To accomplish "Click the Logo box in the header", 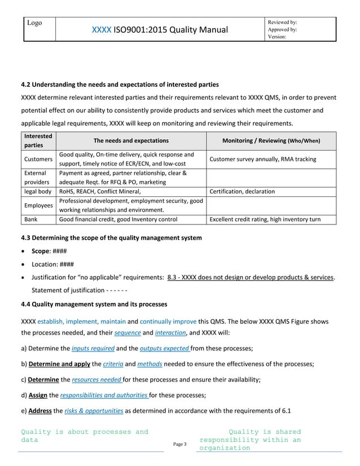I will [x=39, y=29].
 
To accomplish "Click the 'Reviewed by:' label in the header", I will [x=286, y=22].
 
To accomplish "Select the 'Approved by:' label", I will [x=285, y=29].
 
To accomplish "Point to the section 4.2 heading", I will [x=120, y=85].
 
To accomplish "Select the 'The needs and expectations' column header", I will [x=130, y=140].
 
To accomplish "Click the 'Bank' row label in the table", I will [x=32, y=219].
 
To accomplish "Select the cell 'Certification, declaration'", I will [x=242, y=192].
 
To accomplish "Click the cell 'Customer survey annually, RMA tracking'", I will [x=262, y=159].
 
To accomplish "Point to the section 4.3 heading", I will [x=111, y=238].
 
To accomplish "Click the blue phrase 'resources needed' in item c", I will [x=96, y=380].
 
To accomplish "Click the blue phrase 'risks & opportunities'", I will [x=94, y=411].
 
